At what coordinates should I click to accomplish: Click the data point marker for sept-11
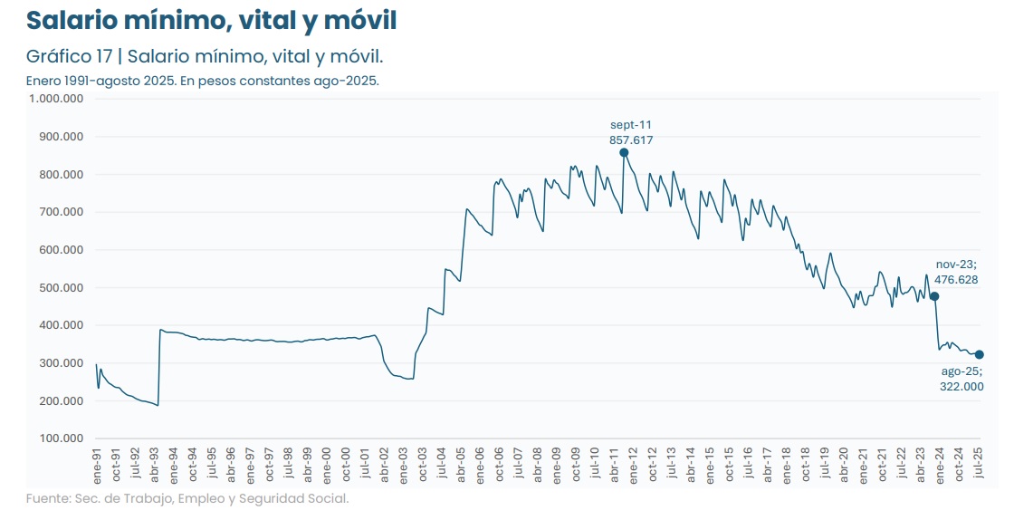click(624, 152)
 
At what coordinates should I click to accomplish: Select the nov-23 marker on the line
click(934, 296)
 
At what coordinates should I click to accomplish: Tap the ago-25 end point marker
click(980, 354)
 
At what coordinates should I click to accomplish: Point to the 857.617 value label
click(631, 140)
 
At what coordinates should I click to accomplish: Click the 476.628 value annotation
click(956, 280)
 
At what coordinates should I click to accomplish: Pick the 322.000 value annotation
click(961, 387)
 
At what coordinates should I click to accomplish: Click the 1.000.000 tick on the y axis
click(56, 99)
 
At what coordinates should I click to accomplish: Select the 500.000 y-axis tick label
click(62, 288)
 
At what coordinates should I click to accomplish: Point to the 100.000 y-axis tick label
click(62, 438)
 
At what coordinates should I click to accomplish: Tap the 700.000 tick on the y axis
click(62, 212)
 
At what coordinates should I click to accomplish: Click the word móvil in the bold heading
click(359, 20)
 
